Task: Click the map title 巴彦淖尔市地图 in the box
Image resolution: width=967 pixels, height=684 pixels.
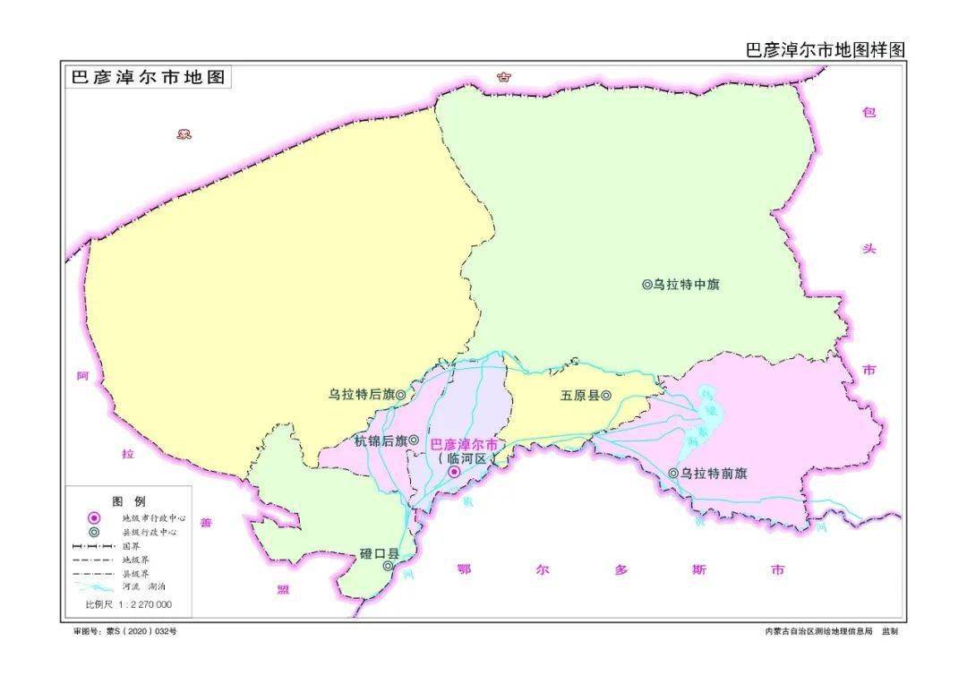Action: click(x=148, y=77)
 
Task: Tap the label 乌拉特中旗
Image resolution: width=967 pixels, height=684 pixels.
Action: click(x=686, y=285)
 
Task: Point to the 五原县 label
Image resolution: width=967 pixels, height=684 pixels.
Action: click(x=579, y=395)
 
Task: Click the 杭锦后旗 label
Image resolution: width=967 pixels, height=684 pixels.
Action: click(x=380, y=440)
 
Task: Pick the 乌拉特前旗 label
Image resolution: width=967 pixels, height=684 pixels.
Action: click(x=714, y=473)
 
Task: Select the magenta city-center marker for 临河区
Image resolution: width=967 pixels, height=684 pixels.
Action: click(x=454, y=472)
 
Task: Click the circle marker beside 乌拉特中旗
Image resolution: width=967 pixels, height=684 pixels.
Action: click(x=646, y=285)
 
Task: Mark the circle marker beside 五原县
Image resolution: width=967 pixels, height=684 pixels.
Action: click(x=606, y=395)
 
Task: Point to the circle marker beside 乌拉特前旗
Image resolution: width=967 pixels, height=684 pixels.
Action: click(x=673, y=473)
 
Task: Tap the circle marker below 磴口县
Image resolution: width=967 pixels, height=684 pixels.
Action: click(x=388, y=566)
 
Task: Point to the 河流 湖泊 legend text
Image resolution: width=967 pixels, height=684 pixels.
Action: click(x=143, y=586)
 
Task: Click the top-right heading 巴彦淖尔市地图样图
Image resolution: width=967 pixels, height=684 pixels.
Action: click(x=826, y=50)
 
